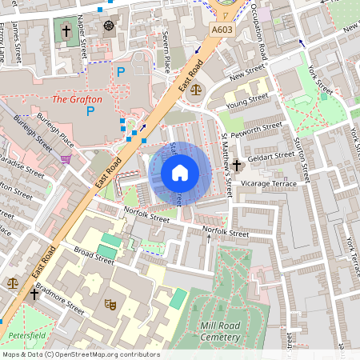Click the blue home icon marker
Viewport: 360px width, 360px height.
[x=180, y=172]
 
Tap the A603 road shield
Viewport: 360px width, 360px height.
[x=223, y=30]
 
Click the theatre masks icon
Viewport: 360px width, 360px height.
[x=110, y=304]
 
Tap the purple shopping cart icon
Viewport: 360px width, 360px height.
[x=66, y=158]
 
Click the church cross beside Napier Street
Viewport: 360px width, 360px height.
[x=65, y=30]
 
